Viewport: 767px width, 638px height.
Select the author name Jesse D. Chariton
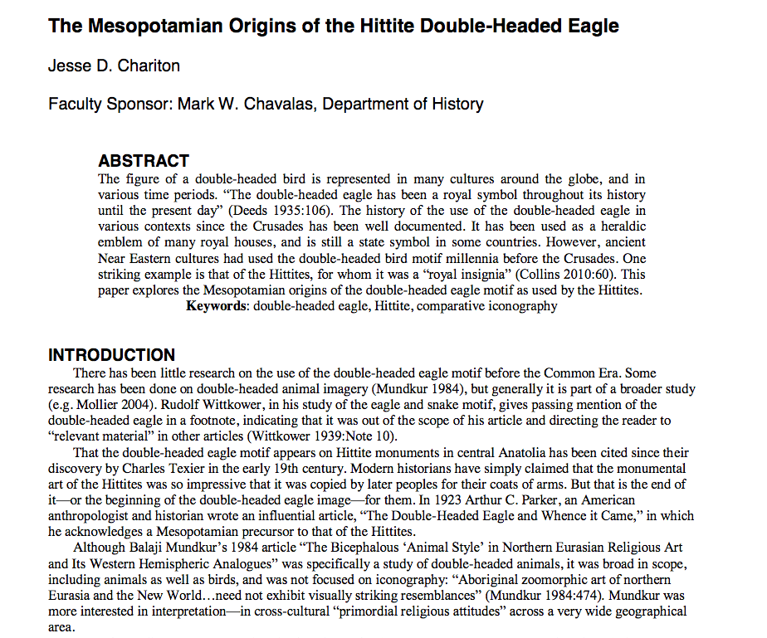coord(114,66)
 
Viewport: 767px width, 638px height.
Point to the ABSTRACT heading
coord(144,161)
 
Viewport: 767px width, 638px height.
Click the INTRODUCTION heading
coord(111,355)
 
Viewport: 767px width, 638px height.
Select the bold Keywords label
coord(217,306)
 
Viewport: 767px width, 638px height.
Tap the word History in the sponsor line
coord(456,104)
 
